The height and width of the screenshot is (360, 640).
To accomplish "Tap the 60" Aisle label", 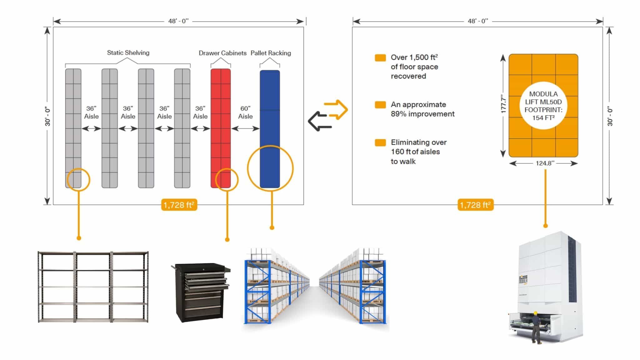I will click(x=245, y=112).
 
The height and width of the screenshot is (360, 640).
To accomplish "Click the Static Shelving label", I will click(x=128, y=53).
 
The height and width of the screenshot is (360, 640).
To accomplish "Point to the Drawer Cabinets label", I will click(x=222, y=53).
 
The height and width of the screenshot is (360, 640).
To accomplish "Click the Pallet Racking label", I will click(x=271, y=53).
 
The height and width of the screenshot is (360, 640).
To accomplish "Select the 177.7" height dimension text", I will click(x=503, y=104).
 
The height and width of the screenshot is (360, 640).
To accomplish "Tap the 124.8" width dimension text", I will click(x=545, y=163).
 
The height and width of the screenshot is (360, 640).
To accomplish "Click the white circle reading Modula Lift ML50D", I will click(x=543, y=106).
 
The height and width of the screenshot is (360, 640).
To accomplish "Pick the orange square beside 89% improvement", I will click(x=380, y=105).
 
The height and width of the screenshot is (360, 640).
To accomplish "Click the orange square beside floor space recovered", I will click(x=380, y=58).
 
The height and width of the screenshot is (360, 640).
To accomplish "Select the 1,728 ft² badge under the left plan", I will click(x=179, y=205).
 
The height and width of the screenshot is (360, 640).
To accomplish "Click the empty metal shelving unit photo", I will click(x=93, y=287).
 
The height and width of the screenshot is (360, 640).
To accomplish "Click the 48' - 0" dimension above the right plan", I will click(x=478, y=21).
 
